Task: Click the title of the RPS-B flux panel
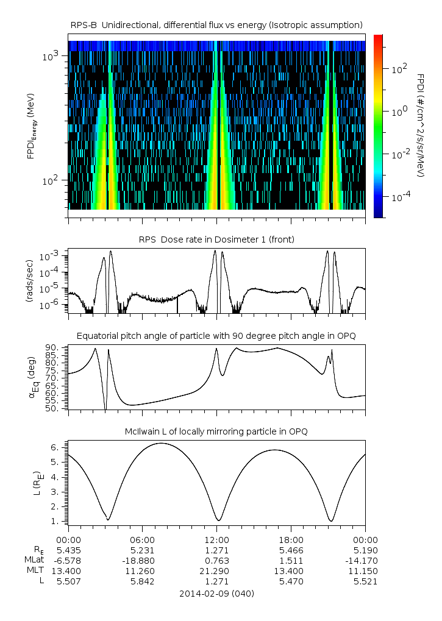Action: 216,24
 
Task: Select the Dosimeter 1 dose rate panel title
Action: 216,240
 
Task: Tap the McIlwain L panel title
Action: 216,431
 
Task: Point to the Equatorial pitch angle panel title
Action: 216,336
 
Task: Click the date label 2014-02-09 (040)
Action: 216,593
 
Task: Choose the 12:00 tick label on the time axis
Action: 216,539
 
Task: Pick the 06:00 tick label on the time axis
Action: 142,539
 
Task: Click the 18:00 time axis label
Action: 291,539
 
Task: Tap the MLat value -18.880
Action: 142,560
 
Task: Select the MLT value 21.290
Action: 216,570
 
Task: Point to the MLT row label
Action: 32,570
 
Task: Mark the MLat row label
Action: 32,560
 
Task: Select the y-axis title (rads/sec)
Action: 29,280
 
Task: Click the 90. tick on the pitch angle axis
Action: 51,347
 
